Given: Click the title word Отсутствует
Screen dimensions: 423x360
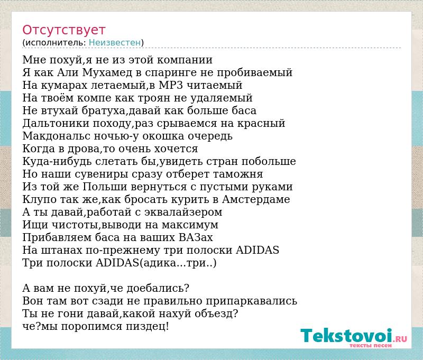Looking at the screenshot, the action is (63, 30).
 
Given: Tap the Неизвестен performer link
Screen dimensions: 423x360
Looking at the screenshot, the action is (115, 43).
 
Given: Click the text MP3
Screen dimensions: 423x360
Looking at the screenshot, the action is (171, 85).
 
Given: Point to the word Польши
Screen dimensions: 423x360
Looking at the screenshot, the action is (105, 187).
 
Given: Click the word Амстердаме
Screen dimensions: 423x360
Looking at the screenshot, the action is (256, 199).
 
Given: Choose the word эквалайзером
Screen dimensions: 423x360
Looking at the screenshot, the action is (183, 213).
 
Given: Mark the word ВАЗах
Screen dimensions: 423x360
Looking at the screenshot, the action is (196, 237).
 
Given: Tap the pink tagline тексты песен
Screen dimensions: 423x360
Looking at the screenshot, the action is (371, 345).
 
